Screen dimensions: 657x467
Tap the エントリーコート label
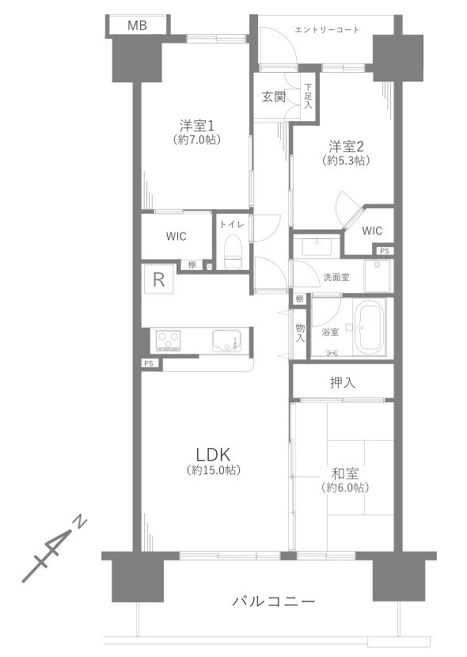point(327,30)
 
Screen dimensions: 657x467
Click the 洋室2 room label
point(346,146)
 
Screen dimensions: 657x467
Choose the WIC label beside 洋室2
point(372,231)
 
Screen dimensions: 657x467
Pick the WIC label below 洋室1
point(177,236)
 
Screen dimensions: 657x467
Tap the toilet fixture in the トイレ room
point(233,253)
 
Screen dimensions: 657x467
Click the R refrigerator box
point(159,279)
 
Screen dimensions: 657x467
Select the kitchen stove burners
point(169,340)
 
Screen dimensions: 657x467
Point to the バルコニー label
point(274,602)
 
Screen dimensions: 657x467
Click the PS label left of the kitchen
point(148,363)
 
